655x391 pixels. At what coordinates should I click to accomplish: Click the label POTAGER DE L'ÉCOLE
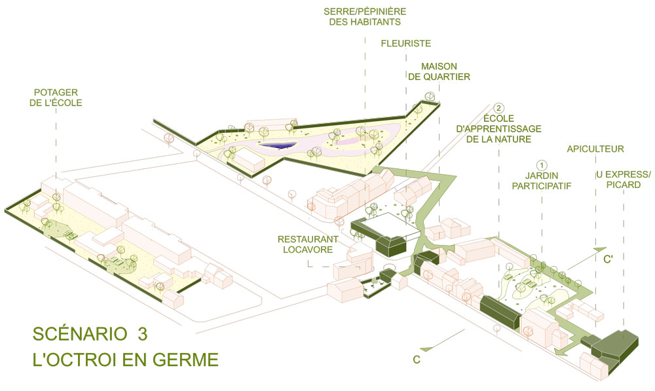tap(59, 97)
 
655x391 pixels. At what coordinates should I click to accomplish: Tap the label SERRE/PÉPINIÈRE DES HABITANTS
tap(365, 18)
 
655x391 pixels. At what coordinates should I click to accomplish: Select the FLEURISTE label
tap(405, 44)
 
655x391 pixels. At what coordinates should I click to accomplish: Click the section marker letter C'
tap(608, 259)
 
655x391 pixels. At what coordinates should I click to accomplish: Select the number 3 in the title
tap(143, 334)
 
